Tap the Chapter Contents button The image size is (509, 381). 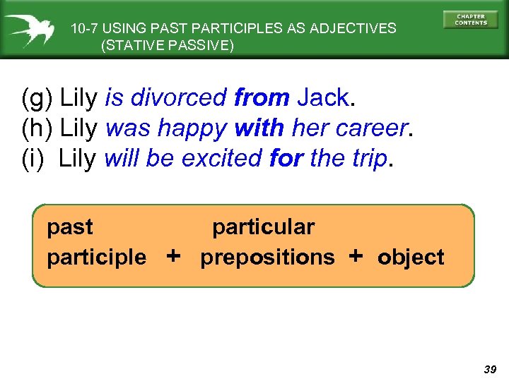[x=470, y=19]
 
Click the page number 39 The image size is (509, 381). [x=489, y=369]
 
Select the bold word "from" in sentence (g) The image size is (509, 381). [x=261, y=97]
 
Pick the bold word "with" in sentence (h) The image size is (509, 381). [x=259, y=128]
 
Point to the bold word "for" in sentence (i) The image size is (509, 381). [x=286, y=159]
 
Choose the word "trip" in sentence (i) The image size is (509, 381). [x=368, y=159]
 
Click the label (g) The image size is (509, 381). [x=38, y=98]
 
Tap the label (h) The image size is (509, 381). [x=38, y=128]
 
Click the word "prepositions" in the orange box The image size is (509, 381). [x=267, y=258]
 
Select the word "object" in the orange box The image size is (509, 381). [x=411, y=257]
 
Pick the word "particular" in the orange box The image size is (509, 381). [x=263, y=227]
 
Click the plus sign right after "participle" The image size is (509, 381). [x=173, y=255]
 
